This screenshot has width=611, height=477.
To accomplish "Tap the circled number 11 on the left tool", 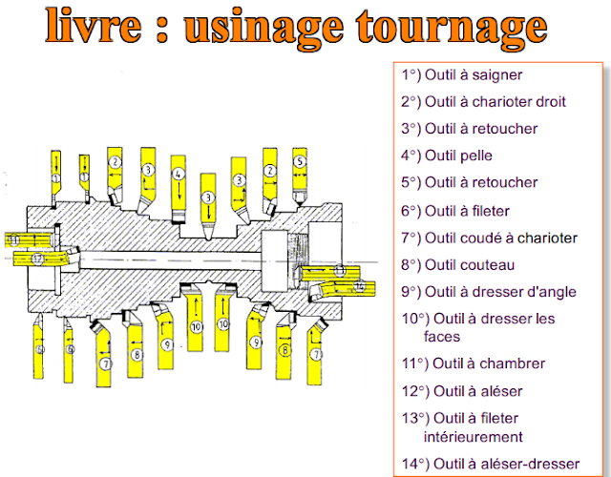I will click(13, 239).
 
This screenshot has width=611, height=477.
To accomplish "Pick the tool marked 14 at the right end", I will click(359, 285).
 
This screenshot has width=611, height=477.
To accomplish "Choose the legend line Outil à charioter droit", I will click(483, 101).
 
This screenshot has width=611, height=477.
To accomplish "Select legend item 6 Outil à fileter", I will click(455, 210).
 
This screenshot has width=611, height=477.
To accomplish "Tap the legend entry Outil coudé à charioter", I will click(488, 237).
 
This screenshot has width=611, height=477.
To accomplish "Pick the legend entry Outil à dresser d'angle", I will click(490, 292).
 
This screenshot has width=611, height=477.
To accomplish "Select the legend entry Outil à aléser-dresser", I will click(492, 464).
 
